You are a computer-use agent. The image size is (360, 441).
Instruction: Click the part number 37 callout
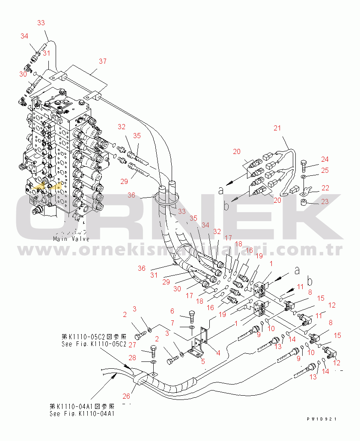[x=102, y=62]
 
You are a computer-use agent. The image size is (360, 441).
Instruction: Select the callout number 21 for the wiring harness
[x=277, y=128]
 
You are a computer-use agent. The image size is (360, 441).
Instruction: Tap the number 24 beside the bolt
[x=325, y=160]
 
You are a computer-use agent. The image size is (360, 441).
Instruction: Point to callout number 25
[x=325, y=171]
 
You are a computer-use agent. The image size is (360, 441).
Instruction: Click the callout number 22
[x=326, y=188]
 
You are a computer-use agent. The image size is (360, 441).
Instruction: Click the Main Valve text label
[x=66, y=239]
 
